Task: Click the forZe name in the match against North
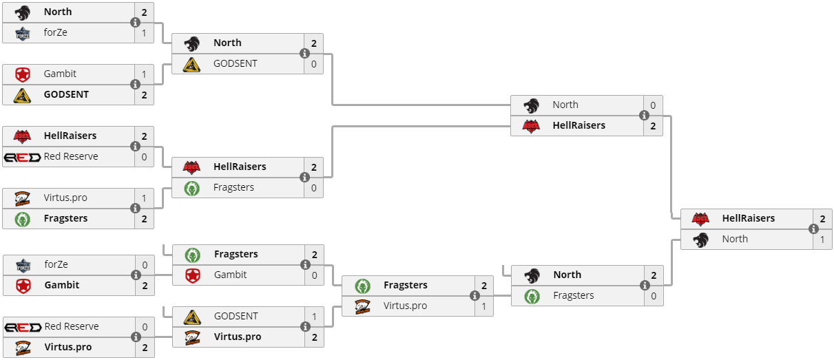[55, 32]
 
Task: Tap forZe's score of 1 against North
[144, 32]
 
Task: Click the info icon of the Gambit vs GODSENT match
[135, 84]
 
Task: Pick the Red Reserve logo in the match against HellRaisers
[22, 157]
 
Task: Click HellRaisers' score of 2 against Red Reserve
[144, 136]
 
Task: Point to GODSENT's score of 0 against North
[314, 63]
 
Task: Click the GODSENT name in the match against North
[235, 63]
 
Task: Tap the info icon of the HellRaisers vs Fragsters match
[304, 177]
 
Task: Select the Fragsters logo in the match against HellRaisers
[191, 188]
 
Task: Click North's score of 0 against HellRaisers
[653, 105]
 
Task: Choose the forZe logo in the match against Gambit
[22, 265]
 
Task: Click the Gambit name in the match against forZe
[61, 285]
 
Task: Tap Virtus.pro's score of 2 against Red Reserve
[145, 347]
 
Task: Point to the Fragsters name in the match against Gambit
[236, 254]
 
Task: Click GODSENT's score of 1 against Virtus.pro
[314, 317]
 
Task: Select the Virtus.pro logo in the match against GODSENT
[191, 337]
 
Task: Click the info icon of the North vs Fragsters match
[645, 285]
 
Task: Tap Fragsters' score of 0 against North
[654, 295]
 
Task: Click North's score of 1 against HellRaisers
[822, 239]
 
